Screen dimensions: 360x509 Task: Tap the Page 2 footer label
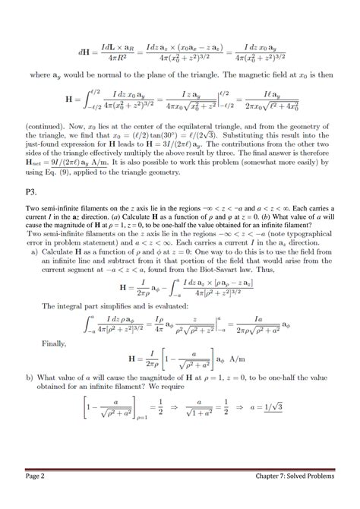coord(37,498)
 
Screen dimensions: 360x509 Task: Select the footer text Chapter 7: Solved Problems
coord(295,498)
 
